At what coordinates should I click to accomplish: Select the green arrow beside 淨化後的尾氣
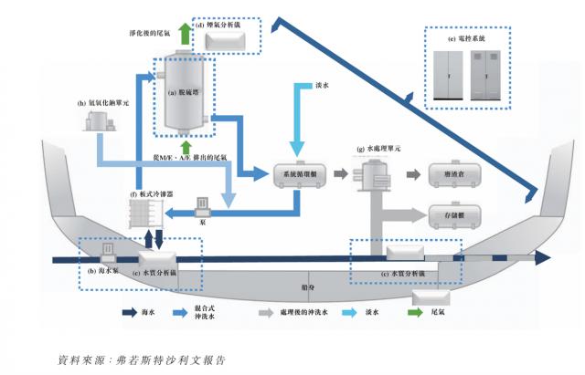(x=186, y=33)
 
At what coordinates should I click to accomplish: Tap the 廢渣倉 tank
(x=447, y=174)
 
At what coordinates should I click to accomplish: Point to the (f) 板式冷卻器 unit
(x=147, y=215)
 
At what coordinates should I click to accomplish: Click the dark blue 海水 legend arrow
(x=132, y=313)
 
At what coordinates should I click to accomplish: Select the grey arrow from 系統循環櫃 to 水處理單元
(x=340, y=173)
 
